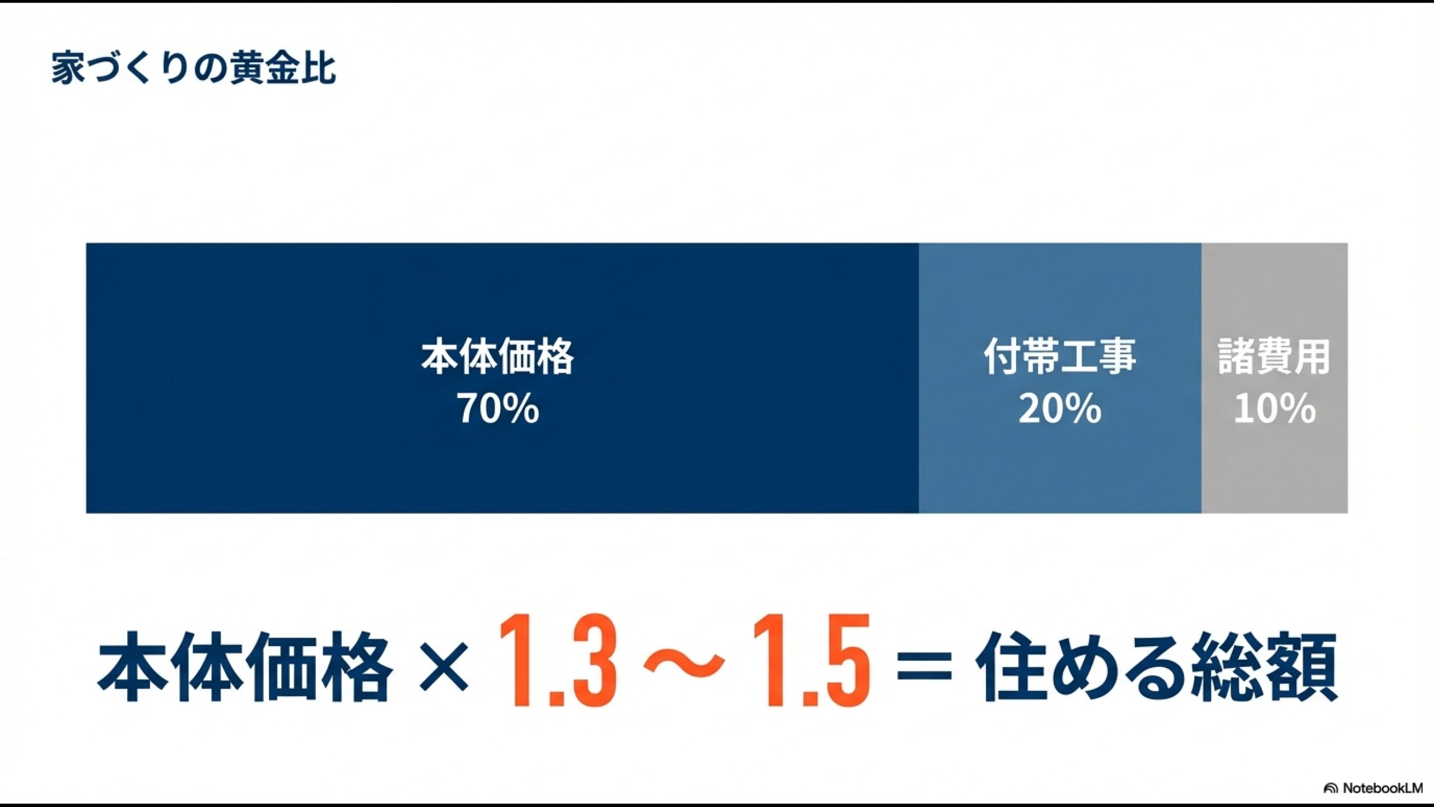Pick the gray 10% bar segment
[x=1274, y=471]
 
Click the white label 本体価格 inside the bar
[x=497, y=356]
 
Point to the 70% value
[x=497, y=408]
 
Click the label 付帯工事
[x=1060, y=356]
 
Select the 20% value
[x=1060, y=408]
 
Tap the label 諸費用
[x=1274, y=356]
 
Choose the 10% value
[x=1274, y=408]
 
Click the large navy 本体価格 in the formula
[x=245, y=667]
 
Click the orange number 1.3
[x=558, y=661]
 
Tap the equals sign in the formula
[x=925, y=667]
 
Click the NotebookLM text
[x=1382, y=788]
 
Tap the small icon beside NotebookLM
[x=1330, y=789]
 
